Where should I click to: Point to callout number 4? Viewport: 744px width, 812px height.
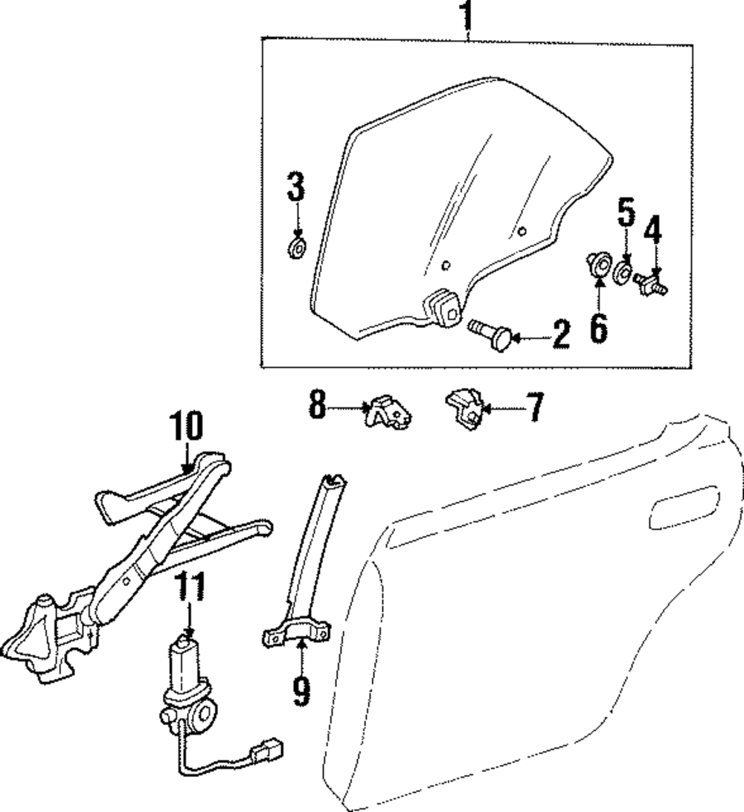[x=652, y=231]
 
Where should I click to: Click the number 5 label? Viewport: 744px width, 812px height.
[x=626, y=214]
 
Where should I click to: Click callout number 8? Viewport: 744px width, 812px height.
[x=318, y=407]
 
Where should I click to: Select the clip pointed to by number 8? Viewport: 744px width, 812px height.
[x=388, y=413]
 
